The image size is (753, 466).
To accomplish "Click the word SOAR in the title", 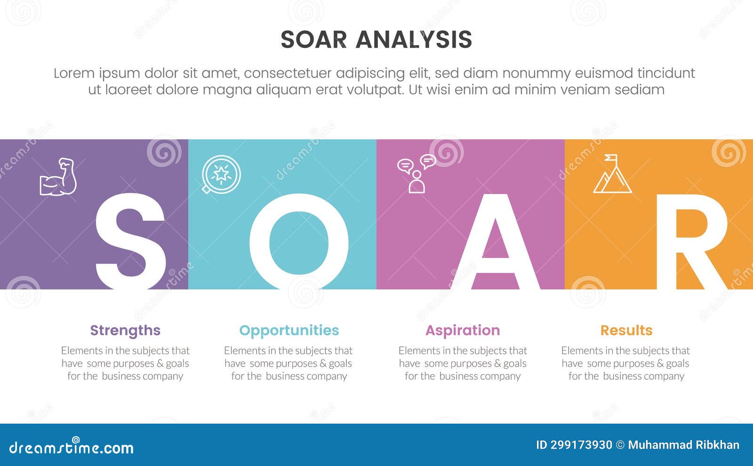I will coord(313,40).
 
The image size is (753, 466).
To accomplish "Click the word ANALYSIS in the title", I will coord(414,40).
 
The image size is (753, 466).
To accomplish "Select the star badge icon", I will coord(221,175).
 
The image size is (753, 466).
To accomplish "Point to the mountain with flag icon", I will coord(612,175).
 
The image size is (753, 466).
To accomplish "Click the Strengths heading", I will coord(125,330).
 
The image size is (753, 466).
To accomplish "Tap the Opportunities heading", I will coord(289,330).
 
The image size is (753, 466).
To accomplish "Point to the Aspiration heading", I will coord(463,330).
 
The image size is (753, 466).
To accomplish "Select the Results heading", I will coord(626,330).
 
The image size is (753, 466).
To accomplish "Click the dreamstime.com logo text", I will coord(72,447).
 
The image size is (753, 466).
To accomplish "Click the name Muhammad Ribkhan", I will coord(683,445).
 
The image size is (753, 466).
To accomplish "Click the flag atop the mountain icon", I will coord(611,158).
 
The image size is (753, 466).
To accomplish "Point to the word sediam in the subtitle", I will coord(642,89).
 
